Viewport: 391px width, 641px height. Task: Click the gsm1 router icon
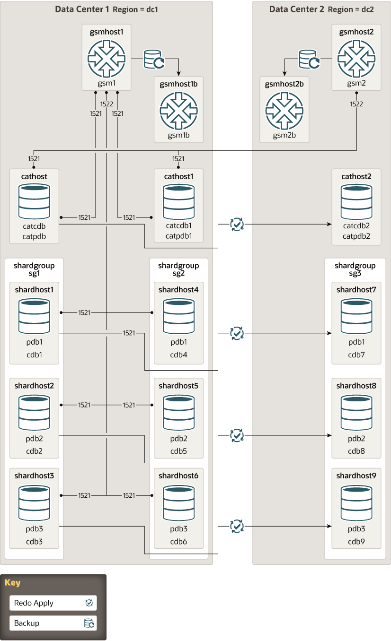[107, 59]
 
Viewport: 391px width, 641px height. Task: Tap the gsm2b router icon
[284, 111]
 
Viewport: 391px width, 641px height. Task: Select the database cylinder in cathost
[34, 201]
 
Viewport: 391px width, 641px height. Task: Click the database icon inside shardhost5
[178, 413]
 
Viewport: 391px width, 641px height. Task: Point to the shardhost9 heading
[356, 476]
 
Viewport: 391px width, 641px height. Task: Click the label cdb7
[356, 355]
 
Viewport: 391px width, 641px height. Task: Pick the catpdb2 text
[356, 236]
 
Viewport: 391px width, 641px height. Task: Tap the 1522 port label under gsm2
[356, 104]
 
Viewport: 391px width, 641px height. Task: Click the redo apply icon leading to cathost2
[237, 225]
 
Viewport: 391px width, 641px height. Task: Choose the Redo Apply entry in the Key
[53, 603]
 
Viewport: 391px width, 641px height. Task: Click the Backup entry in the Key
[53, 623]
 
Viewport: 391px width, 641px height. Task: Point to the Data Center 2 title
[296, 9]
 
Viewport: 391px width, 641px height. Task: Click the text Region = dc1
[135, 9]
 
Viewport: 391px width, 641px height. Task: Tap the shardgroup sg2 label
[178, 269]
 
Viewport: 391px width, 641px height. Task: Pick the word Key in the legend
[13, 582]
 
